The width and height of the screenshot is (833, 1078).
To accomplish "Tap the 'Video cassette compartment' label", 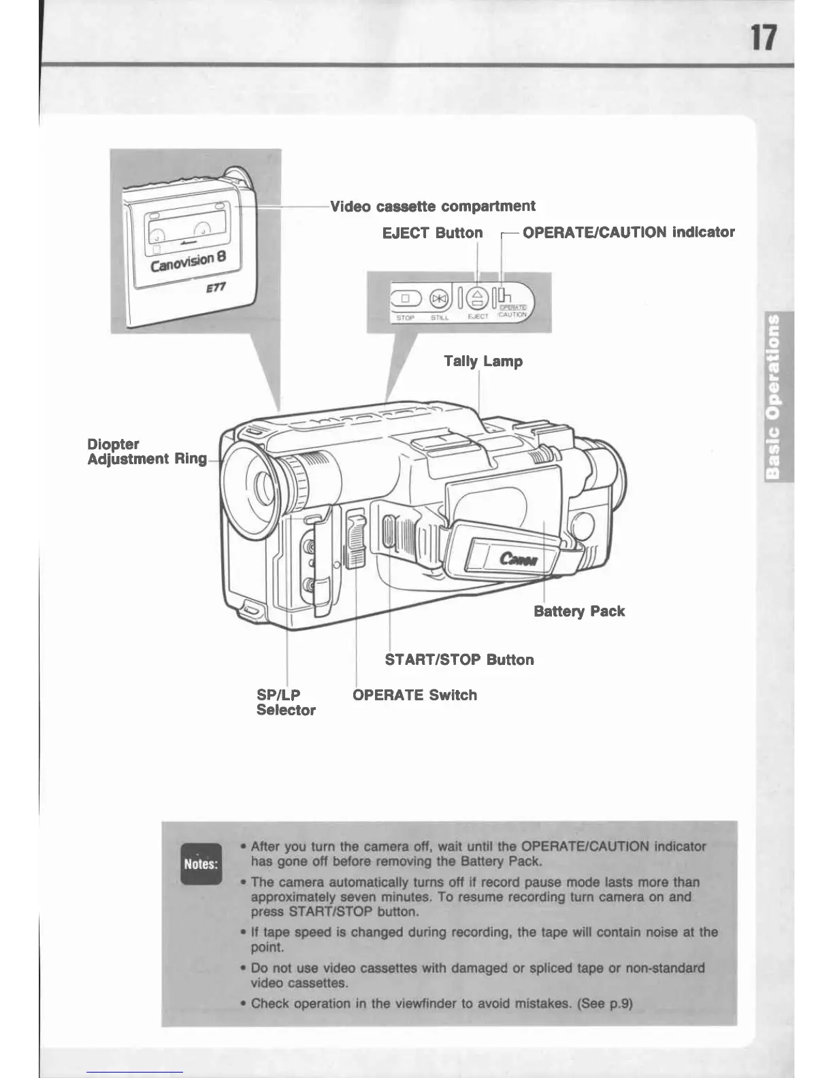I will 432,206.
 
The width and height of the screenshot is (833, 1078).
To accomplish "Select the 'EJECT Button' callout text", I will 432,233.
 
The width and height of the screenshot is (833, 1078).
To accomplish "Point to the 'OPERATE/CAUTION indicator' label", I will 628,233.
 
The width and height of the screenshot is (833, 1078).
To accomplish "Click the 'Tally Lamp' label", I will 483,361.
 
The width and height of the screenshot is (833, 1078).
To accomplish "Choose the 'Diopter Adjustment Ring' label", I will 146,451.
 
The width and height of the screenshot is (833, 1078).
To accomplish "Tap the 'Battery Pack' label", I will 579,611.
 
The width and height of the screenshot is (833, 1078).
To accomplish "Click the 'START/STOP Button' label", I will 459,659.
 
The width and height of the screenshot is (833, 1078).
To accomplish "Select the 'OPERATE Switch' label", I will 414,695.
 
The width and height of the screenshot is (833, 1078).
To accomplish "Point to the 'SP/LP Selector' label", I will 285,702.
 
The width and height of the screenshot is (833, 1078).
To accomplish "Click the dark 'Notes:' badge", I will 201,864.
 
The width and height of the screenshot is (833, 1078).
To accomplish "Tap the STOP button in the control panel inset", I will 405,298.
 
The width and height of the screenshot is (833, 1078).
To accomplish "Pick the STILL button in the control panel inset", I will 439,298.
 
